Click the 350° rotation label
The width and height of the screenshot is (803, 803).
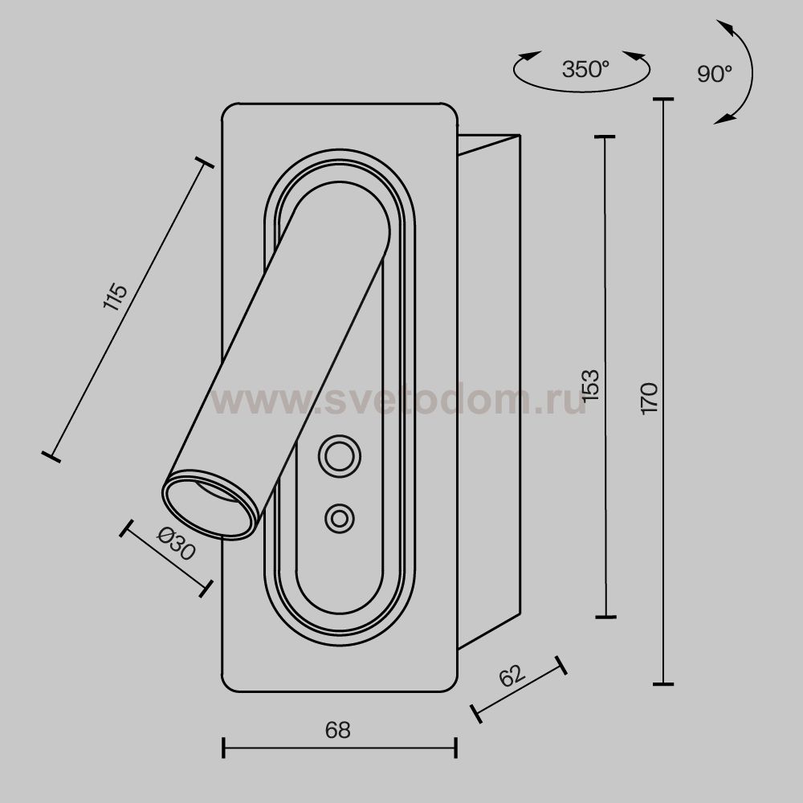[585, 69]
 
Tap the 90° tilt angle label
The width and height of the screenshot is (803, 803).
[715, 74]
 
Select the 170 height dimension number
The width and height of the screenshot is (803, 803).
[649, 398]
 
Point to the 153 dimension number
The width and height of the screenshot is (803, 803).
[590, 385]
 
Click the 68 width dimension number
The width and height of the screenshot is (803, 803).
[337, 730]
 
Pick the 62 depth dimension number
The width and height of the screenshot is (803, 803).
[512, 675]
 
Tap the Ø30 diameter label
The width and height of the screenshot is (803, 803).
[176, 544]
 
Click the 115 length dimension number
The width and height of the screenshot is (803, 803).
[115, 296]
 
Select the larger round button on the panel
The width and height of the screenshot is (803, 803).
[340, 456]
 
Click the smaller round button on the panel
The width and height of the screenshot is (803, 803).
[339, 518]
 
